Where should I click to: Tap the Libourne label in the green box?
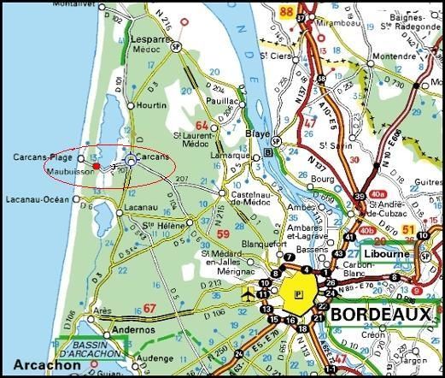(x=388, y=254)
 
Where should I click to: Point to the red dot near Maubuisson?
(x=97, y=165)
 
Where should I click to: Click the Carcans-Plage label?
(x=44, y=157)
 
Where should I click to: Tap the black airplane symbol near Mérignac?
(x=249, y=294)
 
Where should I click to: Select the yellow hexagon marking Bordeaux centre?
(x=298, y=292)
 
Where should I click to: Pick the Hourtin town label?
(x=151, y=105)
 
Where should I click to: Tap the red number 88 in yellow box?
(x=285, y=11)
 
